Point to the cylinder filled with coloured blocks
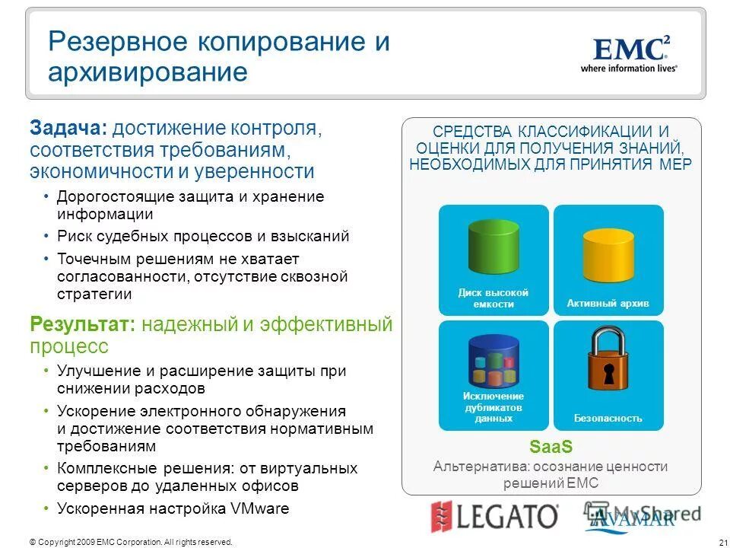click(x=494, y=363)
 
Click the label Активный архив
click(x=608, y=304)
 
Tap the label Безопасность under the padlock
click(x=608, y=419)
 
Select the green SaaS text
click(x=551, y=446)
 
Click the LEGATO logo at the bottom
click(x=494, y=517)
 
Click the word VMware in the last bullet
click(x=262, y=508)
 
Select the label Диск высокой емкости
click(x=493, y=298)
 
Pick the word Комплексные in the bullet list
click(x=103, y=468)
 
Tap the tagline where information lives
click(x=629, y=68)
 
